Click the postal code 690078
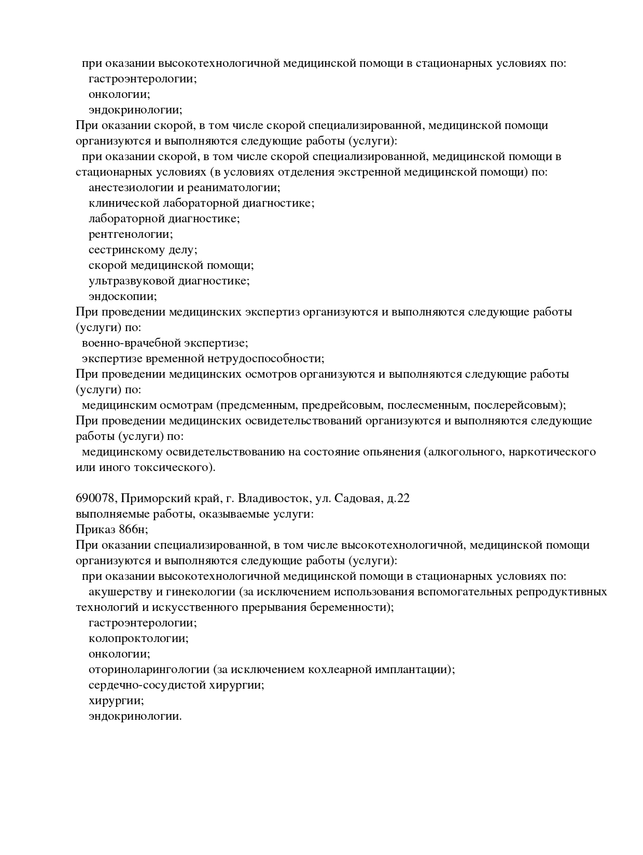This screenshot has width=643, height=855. [96, 498]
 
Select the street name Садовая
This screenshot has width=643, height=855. [357, 498]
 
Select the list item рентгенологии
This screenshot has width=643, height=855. [131, 234]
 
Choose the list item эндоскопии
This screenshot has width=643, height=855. [122, 296]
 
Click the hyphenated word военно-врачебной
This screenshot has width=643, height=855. [124, 343]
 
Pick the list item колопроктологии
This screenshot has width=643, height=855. [138, 638]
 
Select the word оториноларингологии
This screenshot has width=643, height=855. [149, 669]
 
